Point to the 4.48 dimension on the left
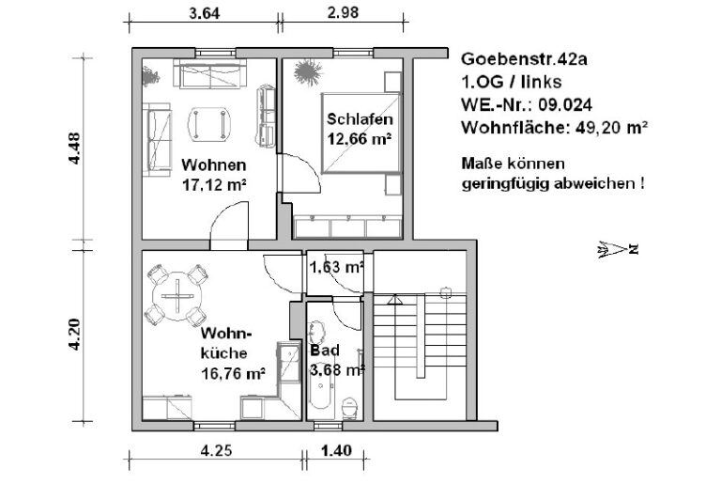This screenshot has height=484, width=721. click(x=74, y=148)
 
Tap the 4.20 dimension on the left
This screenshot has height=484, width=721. click(x=74, y=336)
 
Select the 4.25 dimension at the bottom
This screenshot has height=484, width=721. click(x=217, y=451)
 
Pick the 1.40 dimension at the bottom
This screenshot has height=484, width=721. click(x=336, y=451)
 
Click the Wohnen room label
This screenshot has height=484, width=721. click(x=214, y=165)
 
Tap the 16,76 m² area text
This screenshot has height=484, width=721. click(x=233, y=372)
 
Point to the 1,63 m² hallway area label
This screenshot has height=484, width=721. click(x=336, y=267)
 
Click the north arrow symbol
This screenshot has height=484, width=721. click(x=617, y=249)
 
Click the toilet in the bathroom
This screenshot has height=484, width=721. click(x=351, y=407)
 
